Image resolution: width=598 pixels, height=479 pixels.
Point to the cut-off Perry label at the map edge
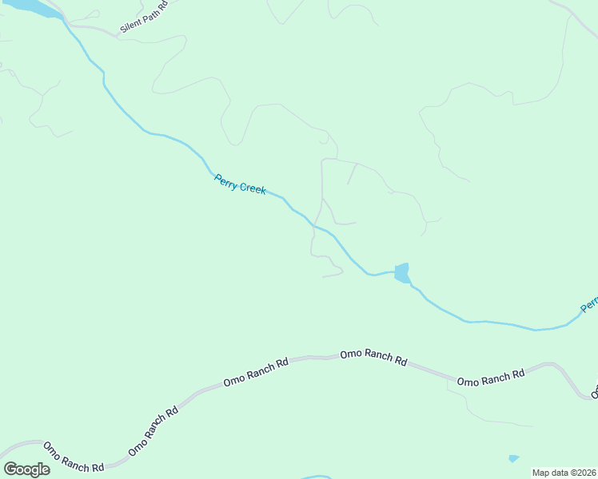pyautogui.click(x=588, y=304)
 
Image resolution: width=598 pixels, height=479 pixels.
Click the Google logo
pyautogui.click(x=26, y=469)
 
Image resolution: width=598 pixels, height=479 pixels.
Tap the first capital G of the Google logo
pyautogui.click(x=10, y=469)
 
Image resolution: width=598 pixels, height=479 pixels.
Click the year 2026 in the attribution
pyautogui.click(x=585, y=473)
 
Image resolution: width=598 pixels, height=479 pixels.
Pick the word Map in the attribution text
pyautogui.click(x=541, y=473)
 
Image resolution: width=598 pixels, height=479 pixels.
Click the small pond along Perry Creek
pyautogui.click(x=401, y=272)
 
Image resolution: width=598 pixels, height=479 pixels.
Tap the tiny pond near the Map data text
pyautogui.click(x=513, y=458)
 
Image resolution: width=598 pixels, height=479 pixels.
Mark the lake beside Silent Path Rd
pyautogui.click(x=32, y=7)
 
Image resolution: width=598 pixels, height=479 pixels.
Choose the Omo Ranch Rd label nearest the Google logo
pyautogui.click(x=74, y=458)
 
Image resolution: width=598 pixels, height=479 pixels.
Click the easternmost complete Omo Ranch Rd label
pyautogui.click(x=491, y=378)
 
